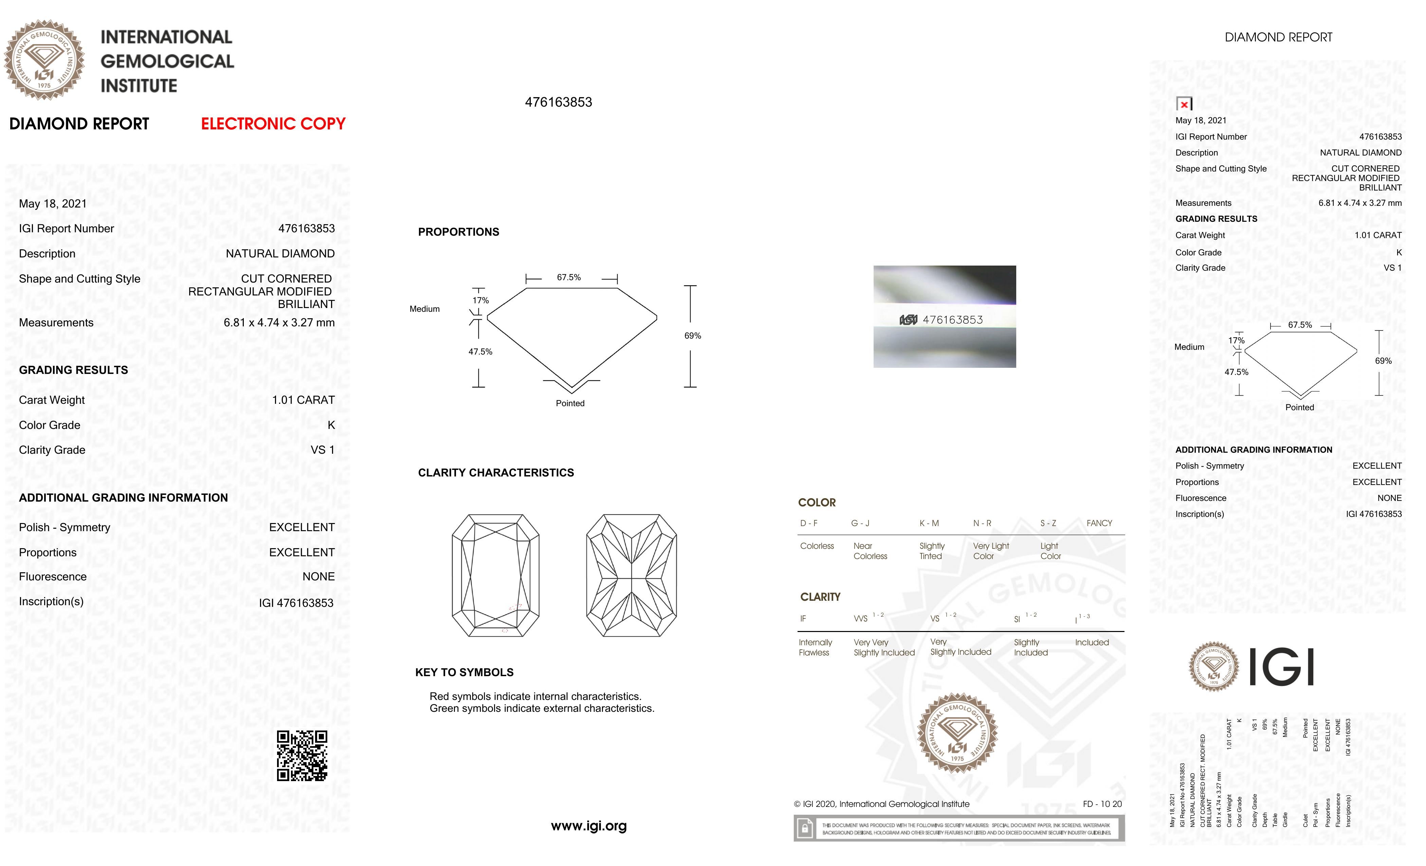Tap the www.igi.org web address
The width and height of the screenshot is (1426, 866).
[589, 826]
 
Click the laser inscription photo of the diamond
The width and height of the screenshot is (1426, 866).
[945, 317]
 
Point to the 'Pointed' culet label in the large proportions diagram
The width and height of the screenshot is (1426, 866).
[570, 403]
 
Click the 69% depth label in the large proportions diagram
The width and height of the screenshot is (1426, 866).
[693, 336]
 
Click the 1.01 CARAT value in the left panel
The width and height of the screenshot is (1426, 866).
[303, 400]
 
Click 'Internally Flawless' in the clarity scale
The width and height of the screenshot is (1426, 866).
[815, 647]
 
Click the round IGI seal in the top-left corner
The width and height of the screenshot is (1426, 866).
[44, 60]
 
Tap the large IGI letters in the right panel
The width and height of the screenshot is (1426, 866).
[1281, 667]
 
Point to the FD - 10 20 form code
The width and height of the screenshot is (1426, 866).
[1102, 804]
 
